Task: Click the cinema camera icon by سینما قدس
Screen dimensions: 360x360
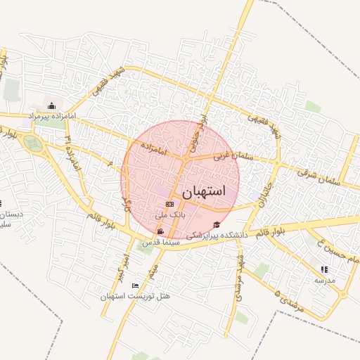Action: (161, 232)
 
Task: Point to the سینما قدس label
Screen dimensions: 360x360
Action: (162, 242)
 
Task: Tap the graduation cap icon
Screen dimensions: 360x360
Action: (217, 225)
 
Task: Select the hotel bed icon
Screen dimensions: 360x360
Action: (135, 286)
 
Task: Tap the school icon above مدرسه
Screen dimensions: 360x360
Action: (323, 269)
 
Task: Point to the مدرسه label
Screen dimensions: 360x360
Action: (324, 279)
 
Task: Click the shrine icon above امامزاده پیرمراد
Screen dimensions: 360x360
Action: (51, 106)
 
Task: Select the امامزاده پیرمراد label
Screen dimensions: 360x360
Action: (51, 115)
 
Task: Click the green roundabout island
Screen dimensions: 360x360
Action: (32, 143)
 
